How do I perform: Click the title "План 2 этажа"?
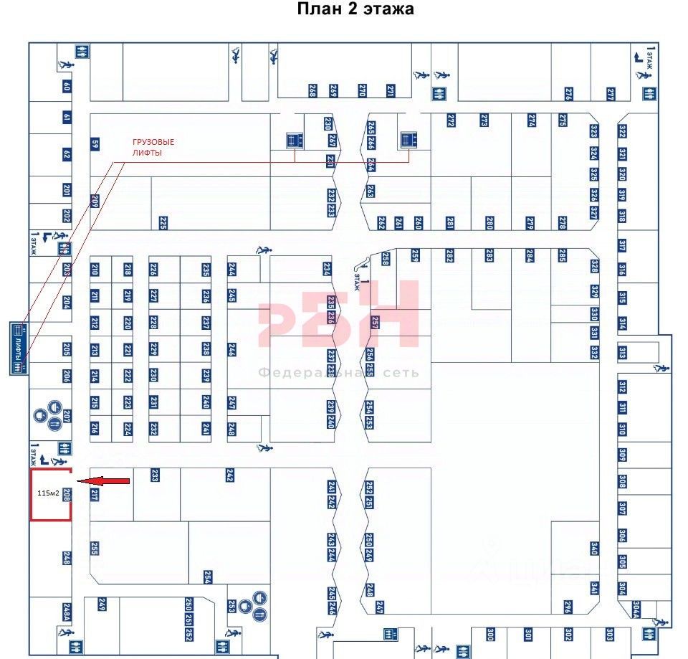pos(355,9)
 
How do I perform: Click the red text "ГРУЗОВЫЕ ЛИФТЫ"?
pos(153,147)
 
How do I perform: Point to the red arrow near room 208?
pos(103,481)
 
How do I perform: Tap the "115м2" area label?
pos(48,493)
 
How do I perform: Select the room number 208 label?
pos(67,494)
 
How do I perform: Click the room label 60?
pos(67,87)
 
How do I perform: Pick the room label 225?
pos(163,223)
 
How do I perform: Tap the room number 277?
pos(611,94)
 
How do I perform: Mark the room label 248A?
pos(67,612)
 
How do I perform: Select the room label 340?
pos(594,549)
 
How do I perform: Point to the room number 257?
pos(375,323)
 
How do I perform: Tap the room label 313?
pos(622,353)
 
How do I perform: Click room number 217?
pos(95,494)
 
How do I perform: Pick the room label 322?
pos(622,132)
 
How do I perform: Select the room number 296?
pos(568,607)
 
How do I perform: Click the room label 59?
pos(95,143)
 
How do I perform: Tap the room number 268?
pos(312,91)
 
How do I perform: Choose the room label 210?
pos(95,270)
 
